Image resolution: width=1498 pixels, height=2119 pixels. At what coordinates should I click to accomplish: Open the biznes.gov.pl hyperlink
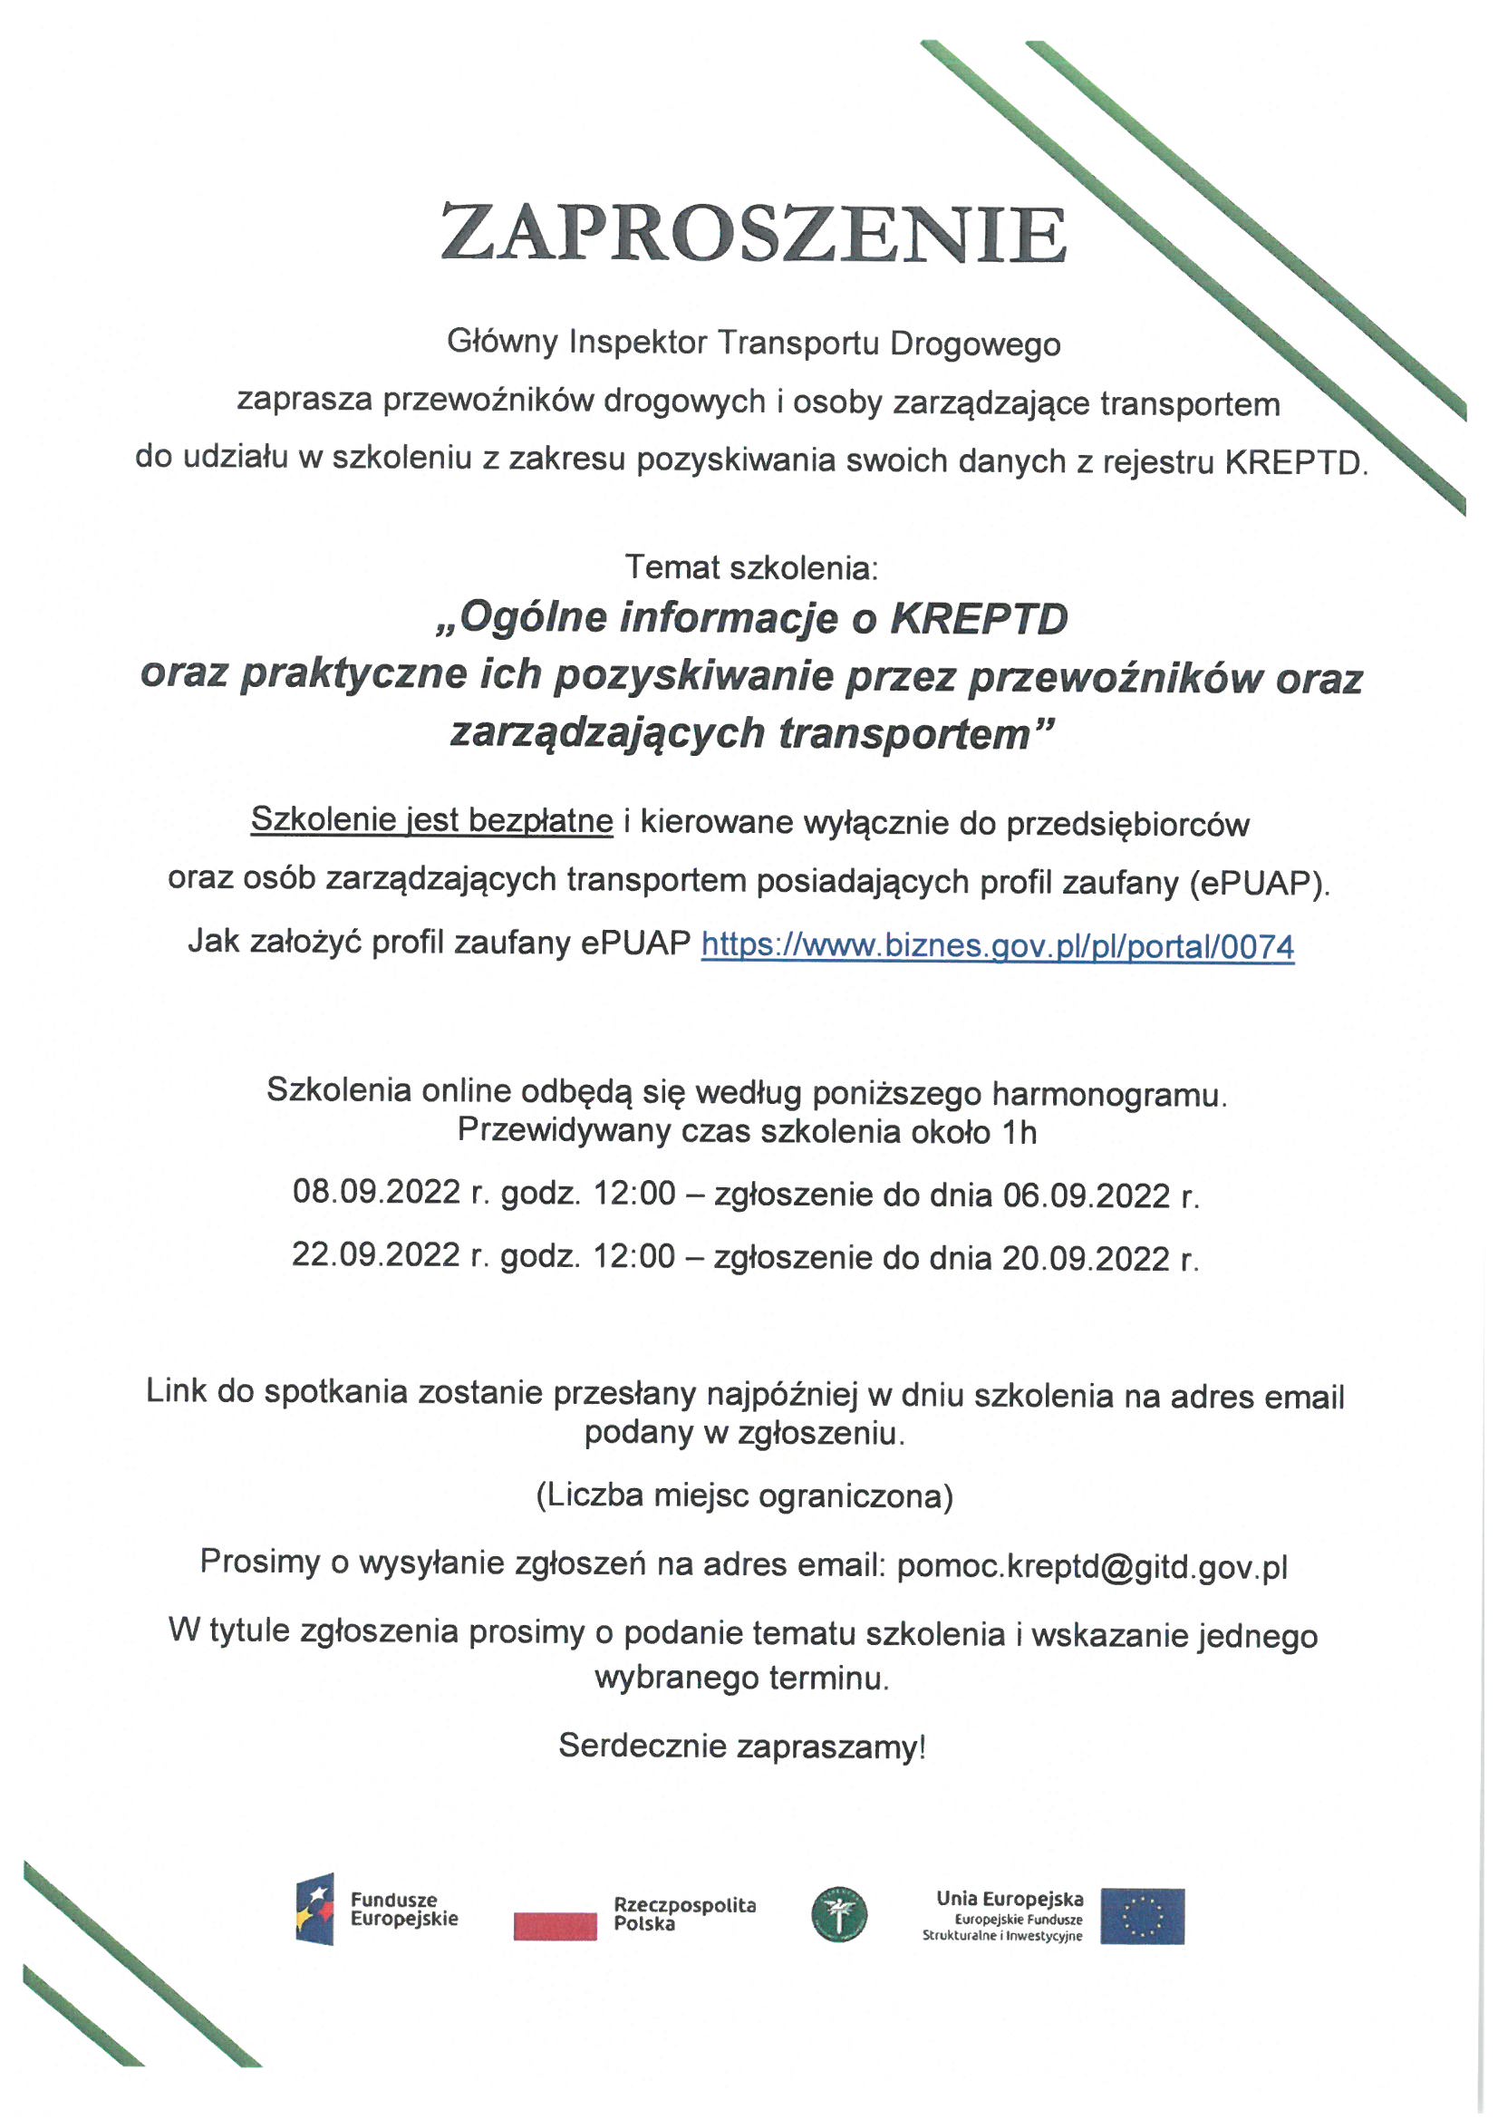[x=997, y=946]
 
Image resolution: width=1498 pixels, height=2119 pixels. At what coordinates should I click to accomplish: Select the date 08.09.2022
[x=376, y=1193]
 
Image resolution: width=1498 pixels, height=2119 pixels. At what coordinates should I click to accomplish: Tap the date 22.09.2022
[x=376, y=1255]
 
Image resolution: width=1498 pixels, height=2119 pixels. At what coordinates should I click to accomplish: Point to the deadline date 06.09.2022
[x=1087, y=1195]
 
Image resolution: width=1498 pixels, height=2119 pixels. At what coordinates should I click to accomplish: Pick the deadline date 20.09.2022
[x=1087, y=1258]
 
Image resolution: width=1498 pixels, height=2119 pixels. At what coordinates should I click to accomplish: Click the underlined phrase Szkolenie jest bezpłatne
[x=431, y=819]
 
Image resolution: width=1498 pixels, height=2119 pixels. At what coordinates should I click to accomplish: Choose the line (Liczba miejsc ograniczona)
[x=744, y=1495]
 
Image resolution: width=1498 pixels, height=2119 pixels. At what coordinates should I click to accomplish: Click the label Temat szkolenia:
[x=751, y=566]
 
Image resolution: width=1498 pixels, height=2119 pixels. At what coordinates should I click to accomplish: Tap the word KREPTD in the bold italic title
[x=978, y=618]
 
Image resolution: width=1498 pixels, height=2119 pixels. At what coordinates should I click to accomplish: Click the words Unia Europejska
[x=1010, y=1899]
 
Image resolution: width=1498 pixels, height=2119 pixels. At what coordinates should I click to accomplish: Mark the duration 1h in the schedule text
[x=1020, y=1132]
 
